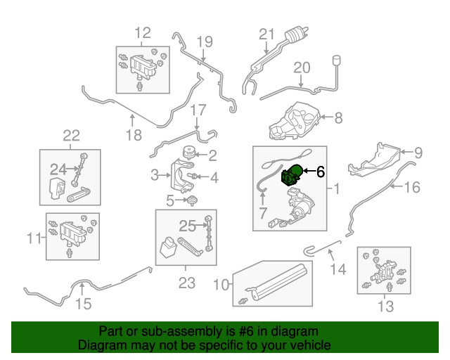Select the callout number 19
[204, 41]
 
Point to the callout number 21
[265, 34]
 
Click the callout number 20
[302, 68]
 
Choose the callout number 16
[412, 187]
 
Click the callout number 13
[386, 306]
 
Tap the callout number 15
[83, 304]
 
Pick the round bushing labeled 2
[188, 153]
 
